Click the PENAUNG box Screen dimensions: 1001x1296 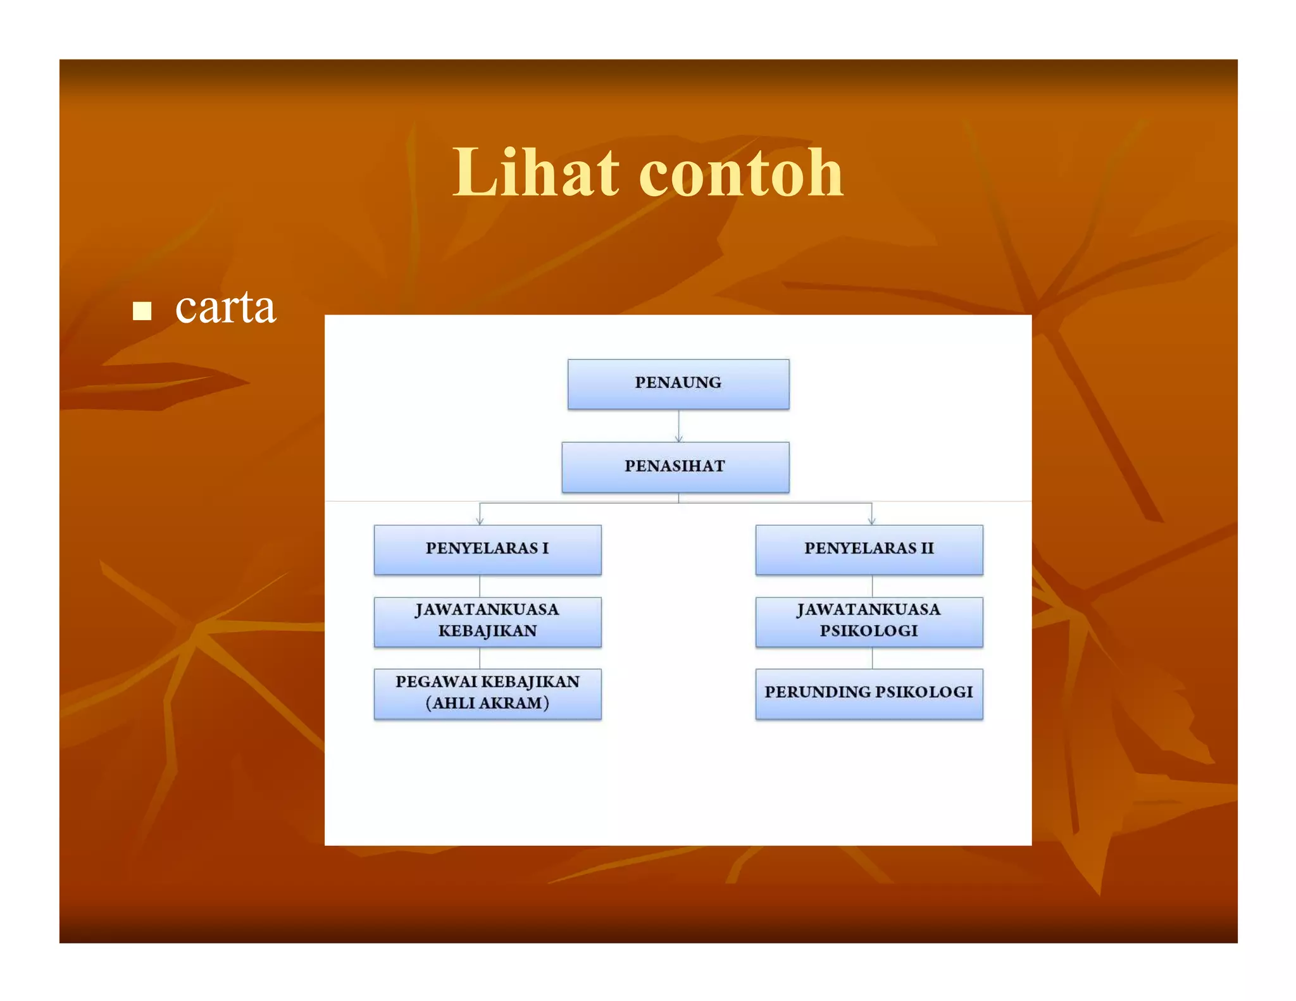[x=678, y=383]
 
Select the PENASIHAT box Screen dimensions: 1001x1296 [x=675, y=467]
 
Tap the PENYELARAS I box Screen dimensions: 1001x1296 [x=487, y=549]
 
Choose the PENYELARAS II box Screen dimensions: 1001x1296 [x=868, y=549]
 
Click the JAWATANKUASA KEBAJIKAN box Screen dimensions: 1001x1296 [x=487, y=621]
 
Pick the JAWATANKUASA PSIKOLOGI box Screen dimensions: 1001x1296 [x=868, y=621]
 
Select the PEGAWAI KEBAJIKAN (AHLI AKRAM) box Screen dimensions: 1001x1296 [x=487, y=693]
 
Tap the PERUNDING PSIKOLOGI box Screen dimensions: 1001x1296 [x=868, y=693]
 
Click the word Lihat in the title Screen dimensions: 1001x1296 [x=535, y=172]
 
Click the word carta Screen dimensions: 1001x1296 [x=225, y=308]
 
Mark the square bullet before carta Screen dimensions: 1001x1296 [x=142, y=311]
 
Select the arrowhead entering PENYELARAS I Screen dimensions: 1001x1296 [x=480, y=520]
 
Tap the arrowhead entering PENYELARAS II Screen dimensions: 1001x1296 [x=872, y=520]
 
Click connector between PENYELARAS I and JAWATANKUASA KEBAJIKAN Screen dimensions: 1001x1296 [x=480, y=586]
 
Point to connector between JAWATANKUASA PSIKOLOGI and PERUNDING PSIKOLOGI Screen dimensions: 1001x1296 [x=872, y=658]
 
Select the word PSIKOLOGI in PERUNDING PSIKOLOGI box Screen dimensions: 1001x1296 [x=925, y=692]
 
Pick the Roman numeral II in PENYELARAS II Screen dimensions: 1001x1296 [x=926, y=549]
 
